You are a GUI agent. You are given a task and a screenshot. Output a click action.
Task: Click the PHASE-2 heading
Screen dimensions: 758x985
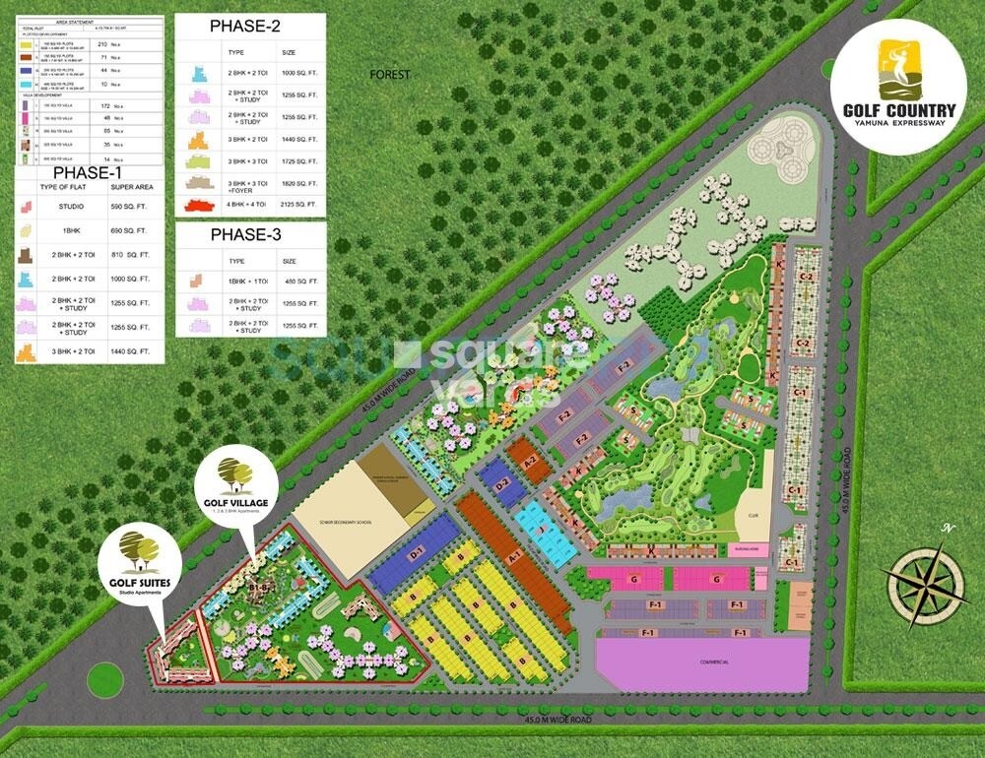point(251,27)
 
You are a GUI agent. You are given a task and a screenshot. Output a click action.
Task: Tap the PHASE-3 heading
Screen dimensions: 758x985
point(250,235)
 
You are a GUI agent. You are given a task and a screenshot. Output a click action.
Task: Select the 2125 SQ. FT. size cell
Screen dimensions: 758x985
point(298,205)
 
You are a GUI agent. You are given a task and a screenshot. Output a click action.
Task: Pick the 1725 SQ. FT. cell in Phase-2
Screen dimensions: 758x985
point(298,160)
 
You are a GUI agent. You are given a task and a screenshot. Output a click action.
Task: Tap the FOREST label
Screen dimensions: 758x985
point(389,75)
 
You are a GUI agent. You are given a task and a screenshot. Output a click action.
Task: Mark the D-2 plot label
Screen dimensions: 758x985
point(501,483)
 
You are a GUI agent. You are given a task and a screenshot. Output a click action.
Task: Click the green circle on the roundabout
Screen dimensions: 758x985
point(101,678)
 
